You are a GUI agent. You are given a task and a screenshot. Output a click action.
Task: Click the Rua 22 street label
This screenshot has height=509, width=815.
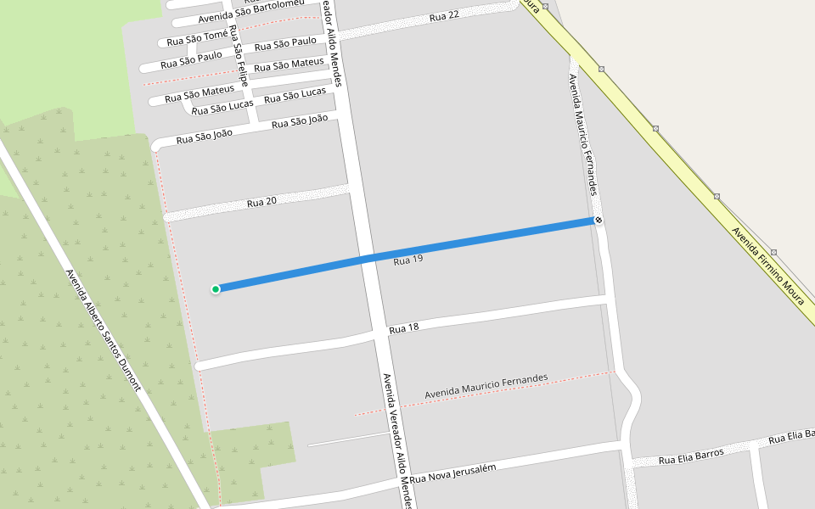pyautogui.click(x=444, y=16)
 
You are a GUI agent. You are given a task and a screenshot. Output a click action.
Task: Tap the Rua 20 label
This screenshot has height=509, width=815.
pyautogui.click(x=261, y=202)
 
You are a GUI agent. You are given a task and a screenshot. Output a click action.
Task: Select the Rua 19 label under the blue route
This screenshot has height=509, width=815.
pyautogui.click(x=407, y=260)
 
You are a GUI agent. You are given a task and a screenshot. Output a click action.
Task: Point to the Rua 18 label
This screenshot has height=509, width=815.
pyautogui.click(x=404, y=328)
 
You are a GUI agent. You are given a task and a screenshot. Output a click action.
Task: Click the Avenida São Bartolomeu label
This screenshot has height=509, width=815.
pyautogui.click(x=250, y=12)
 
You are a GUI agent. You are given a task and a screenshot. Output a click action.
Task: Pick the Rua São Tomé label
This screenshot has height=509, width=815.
pyautogui.click(x=197, y=38)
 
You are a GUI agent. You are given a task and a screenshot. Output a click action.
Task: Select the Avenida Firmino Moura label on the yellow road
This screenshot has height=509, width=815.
pyautogui.click(x=773, y=268)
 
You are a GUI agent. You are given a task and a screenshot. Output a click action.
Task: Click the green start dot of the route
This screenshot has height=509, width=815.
pyautogui.click(x=216, y=289)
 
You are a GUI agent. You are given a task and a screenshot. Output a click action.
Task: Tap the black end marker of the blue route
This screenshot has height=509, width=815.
pyautogui.click(x=599, y=221)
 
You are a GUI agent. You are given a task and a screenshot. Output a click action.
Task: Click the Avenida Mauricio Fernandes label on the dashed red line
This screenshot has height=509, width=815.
pyautogui.click(x=486, y=387)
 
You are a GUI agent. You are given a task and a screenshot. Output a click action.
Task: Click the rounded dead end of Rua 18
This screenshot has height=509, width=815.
pyautogui.click(x=199, y=366)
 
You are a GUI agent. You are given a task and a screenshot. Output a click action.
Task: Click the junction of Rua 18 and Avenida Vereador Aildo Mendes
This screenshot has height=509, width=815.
pyautogui.click(x=379, y=333)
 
